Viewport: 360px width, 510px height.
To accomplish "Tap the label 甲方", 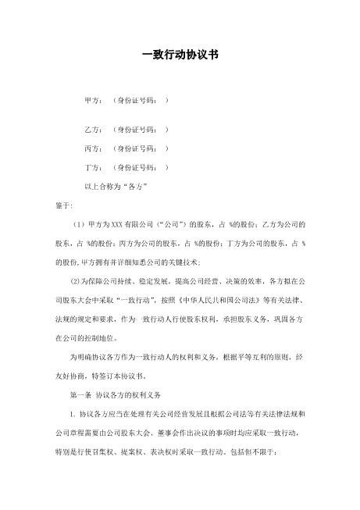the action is (93, 101).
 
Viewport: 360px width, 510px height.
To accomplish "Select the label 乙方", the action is (93, 128).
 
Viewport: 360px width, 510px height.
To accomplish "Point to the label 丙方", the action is (93, 148).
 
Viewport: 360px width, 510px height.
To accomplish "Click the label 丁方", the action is (93, 167).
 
